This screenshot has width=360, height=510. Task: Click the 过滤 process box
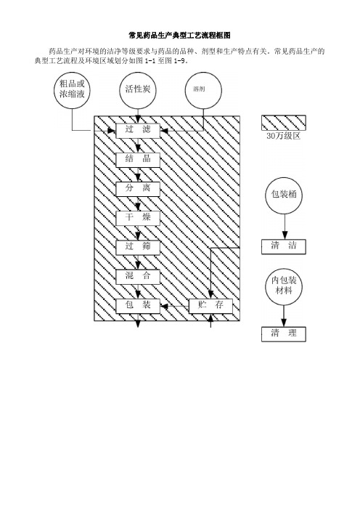pos(138,131)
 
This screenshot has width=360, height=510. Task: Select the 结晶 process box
pos(138,160)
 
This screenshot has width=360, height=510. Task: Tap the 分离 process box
pos(138,189)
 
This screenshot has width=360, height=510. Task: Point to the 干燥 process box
pos(138,218)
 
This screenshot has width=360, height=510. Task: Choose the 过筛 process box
pos(138,247)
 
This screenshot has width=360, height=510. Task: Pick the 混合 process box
pos(138,277)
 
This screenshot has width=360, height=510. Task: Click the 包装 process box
pos(138,306)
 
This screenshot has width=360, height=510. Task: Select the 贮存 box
pos(211,306)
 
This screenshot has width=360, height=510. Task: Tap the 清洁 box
pos(284,246)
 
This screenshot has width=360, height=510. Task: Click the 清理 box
pos(284,334)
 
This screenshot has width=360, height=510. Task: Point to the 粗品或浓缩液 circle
pos(72,90)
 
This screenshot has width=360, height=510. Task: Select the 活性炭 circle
pos(138,90)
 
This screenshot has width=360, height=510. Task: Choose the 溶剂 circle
pos(203,90)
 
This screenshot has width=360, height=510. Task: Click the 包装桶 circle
pos(284,195)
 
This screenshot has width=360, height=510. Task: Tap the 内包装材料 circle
pos(284,286)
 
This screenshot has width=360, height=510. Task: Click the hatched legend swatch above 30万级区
pos(284,123)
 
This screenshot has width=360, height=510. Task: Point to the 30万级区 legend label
pos(283,137)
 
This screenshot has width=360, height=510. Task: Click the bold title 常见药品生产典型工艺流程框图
pos(180,35)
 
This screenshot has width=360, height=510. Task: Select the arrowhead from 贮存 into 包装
pos(165,306)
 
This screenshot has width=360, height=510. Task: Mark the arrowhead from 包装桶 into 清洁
pos(285,235)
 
